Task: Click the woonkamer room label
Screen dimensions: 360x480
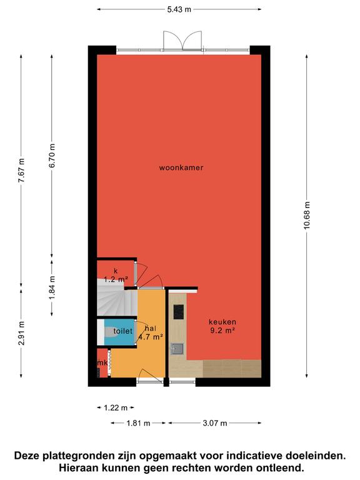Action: [x=181, y=167]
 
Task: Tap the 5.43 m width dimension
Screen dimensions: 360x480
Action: [x=179, y=9]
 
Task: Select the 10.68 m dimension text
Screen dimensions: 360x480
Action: [x=307, y=215]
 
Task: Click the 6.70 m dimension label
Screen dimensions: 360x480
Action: [x=52, y=156]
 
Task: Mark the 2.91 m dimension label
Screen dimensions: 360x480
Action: [x=21, y=333]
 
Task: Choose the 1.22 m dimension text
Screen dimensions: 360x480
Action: [x=116, y=407]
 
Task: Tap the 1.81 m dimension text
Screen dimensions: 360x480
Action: [x=138, y=423]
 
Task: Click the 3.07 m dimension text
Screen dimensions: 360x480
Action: [x=215, y=423]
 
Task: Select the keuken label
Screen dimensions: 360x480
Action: [x=222, y=322]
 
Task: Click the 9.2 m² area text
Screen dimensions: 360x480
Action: [x=222, y=330]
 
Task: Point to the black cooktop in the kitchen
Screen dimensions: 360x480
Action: [x=179, y=312]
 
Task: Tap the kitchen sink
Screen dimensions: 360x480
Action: [x=177, y=349]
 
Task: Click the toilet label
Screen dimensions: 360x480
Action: [x=123, y=331]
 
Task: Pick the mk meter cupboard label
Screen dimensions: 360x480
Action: [x=102, y=363]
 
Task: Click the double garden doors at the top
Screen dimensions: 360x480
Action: [x=182, y=41]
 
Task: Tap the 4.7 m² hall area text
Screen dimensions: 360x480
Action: [x=150, y=337]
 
